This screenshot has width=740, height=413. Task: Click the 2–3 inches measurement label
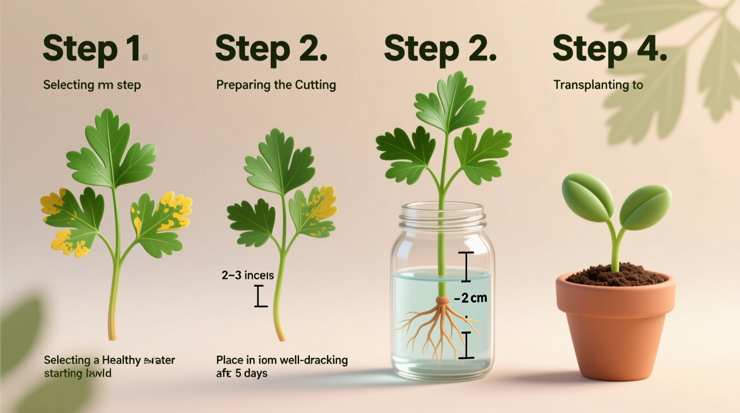[247, 275]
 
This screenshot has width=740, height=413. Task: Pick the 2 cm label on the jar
[471, 298]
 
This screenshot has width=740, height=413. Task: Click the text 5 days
[251, 373]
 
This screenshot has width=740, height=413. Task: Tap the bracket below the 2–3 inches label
[261, 296]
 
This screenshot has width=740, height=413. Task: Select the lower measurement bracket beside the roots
[466, 345]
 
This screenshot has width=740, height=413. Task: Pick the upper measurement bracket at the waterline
[466, 267]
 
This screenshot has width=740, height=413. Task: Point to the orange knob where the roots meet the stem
[442, 300]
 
